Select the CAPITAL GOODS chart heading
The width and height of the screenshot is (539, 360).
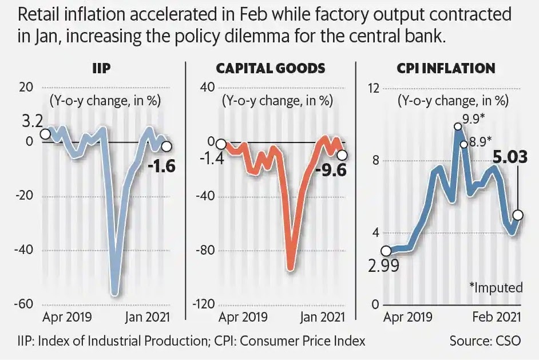[270, 68]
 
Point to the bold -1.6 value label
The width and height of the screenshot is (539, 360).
[161, 167]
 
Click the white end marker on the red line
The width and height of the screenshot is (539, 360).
[342, 155]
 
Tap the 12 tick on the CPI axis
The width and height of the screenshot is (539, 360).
[374, 88]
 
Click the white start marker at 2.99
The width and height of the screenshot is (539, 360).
[386, 251]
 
